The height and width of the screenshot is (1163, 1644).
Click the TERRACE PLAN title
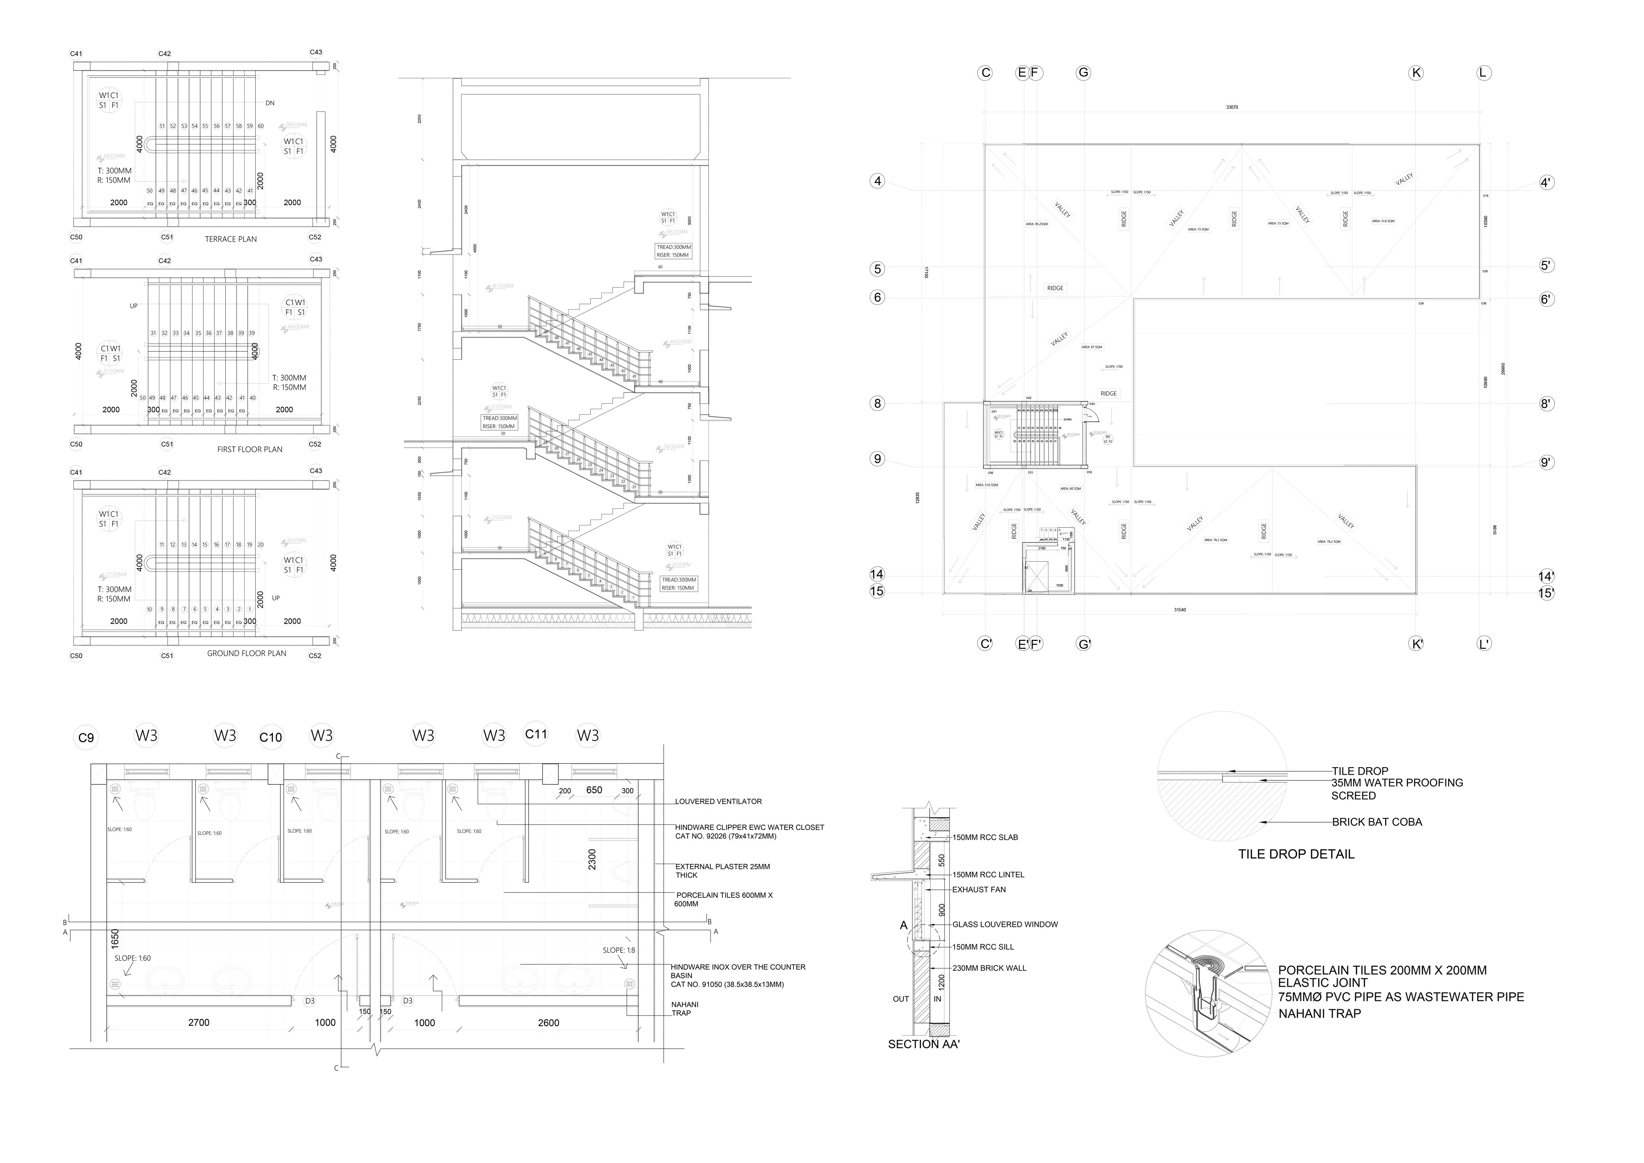(231, 239)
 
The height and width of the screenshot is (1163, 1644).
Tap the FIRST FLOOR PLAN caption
(250, 450)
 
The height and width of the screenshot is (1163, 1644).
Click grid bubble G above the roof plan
(1083, 72)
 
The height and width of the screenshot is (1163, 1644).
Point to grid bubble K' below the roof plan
(1416, 644)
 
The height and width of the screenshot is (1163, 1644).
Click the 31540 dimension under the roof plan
(1179, 610)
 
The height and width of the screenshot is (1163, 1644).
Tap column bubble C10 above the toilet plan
(271, 737)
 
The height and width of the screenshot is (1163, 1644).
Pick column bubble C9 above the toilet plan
(86, 738)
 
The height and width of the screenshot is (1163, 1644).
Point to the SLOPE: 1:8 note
(619, 950)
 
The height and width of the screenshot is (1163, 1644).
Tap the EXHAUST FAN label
(979, 889)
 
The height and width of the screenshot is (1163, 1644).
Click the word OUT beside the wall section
(901, 999)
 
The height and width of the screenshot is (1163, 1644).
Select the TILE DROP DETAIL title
(1296, 854)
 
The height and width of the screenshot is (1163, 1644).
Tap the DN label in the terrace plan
(270, 103)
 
